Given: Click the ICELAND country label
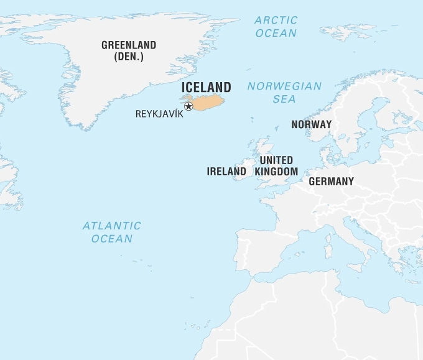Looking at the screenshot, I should (206, 88).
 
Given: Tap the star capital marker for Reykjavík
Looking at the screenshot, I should (188, 106).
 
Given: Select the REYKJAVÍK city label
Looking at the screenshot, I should (159, 114).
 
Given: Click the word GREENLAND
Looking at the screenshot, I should (129, 45).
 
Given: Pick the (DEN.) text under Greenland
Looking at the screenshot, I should (129, 57).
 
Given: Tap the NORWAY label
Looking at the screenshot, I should (311, 124).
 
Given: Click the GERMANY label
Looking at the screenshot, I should (331, 182).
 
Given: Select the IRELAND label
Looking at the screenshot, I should (226, 171).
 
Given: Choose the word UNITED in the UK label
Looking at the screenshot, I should (276, 160).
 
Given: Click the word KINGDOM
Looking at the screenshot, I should (276, 171).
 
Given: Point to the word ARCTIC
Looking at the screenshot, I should (276, 21).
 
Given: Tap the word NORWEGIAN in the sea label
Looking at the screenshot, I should (284, 86).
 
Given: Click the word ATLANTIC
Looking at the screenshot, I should (112, 226).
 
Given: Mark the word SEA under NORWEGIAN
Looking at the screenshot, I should (284, 99).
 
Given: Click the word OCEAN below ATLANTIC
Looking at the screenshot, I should (112, 238).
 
